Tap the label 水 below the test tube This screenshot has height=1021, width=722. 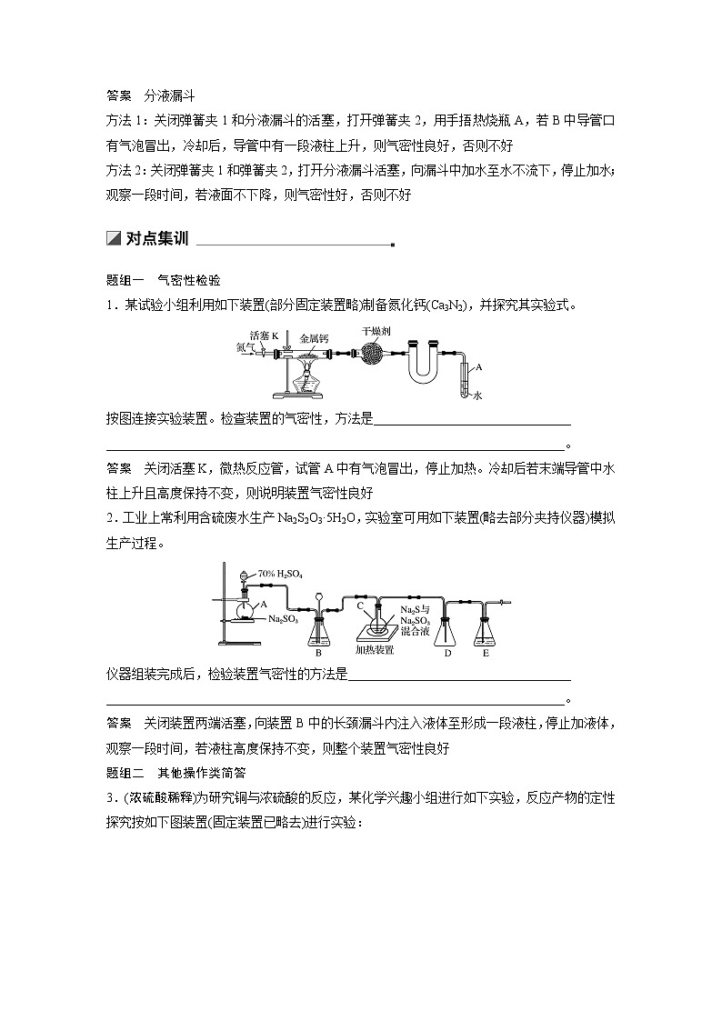pos(476,395)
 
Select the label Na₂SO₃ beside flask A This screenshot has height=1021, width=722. pos(284,618)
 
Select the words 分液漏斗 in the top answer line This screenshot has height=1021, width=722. pos(170,95)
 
